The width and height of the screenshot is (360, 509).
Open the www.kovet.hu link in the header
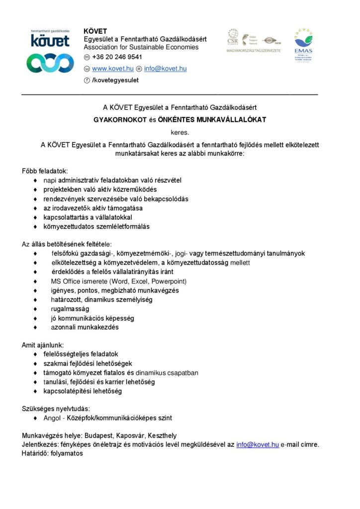tap(113, 69)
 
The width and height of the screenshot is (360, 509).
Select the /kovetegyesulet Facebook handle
tap(115, 80)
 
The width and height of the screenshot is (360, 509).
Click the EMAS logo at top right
tap(303, 45)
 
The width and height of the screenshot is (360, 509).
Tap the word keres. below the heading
tap(180, 132)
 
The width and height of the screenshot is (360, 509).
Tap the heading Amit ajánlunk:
tap(43, 344)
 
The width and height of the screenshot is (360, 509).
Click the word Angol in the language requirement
tap(52, 418)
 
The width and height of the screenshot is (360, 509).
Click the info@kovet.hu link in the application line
tap(257, 444)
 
